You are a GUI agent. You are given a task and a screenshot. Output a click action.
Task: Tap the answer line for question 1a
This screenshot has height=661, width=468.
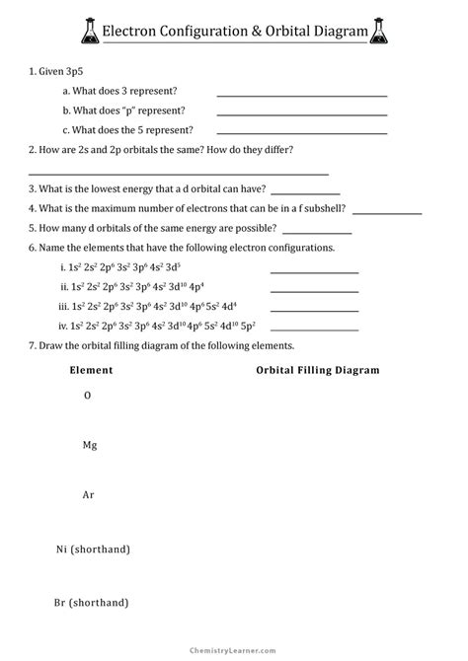[x=301, y=95]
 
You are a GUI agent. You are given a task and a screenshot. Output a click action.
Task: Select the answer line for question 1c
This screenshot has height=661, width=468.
[x=301, y=132]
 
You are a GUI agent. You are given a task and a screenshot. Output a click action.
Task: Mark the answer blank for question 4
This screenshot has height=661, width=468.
[x=386, y=211]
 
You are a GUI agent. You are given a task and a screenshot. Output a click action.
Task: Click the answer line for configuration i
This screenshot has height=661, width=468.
[x=314, y=271]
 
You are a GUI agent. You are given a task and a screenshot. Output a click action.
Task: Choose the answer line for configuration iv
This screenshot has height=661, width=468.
[x=314, y=329]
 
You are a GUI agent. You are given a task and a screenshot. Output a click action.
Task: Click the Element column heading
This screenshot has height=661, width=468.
[x=91, y=370]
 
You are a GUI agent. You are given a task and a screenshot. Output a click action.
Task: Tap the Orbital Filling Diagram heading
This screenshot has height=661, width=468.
[x=318, y=370]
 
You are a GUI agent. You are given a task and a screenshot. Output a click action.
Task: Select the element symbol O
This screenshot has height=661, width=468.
[x=88, y=395]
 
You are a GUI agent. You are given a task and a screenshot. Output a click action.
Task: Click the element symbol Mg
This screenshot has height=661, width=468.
[x=90, y=446]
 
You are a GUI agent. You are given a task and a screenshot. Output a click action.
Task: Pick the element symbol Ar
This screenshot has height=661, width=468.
[x=89, y=495]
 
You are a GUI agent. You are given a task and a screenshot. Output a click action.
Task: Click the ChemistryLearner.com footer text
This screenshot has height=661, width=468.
[x=234, y=651]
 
